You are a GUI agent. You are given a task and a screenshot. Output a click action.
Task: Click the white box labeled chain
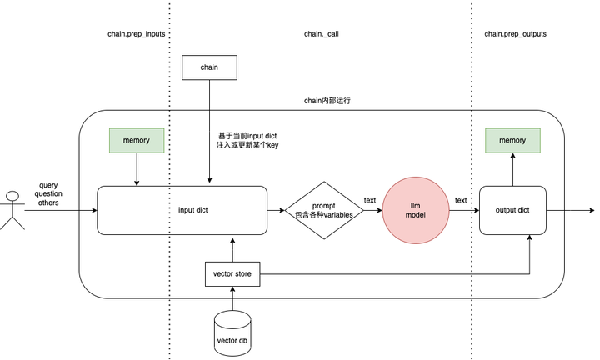pyautogui.click(x=209, y=67)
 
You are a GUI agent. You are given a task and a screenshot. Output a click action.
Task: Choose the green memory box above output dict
pyautogui.click(x=512, y=141)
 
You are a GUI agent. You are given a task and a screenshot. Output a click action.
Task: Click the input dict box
pyautogui.click(x=182, y=210)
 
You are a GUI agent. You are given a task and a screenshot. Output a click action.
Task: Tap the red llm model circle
pyautogui.click(x=416, y=210)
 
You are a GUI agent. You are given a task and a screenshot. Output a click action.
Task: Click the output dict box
pyautogui.click(x=512, y=210)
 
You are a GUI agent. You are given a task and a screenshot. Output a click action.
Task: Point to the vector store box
pyautogui.click(x=233, y=272)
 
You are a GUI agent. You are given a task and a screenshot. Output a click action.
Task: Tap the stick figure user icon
pyautogui.click(x=12, y=210)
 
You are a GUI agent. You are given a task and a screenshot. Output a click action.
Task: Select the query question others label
pyautogui.click(x=48, y=193)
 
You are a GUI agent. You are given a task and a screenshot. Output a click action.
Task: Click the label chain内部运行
pyautogui.click(x=327, y=100)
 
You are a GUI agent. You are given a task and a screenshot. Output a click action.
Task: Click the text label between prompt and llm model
pyautogui.click(x=370, y=200)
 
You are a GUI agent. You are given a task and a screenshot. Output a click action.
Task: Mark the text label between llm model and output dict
pyautogui.click(x=461, y=200)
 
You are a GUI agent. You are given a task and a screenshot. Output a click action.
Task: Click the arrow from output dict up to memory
pyautogui.click(x=512, y=171)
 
